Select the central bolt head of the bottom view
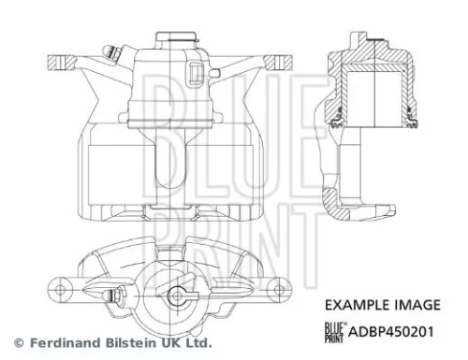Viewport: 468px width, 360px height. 176,298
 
